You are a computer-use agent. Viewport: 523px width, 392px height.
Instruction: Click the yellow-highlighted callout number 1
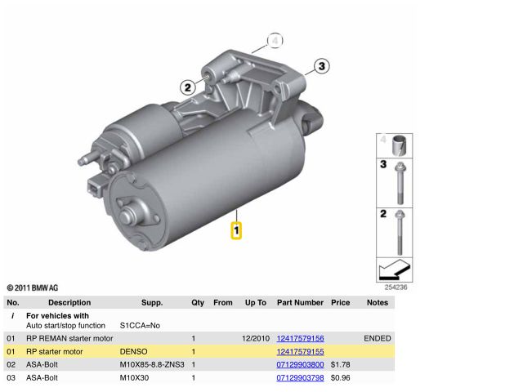236,230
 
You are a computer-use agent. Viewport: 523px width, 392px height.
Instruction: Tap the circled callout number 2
188,87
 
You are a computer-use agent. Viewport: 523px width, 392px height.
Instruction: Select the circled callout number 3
321,66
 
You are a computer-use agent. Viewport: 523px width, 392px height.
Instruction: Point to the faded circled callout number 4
275,41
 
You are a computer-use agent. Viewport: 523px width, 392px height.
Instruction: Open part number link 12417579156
300,338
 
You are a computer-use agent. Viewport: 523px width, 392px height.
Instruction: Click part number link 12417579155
300,352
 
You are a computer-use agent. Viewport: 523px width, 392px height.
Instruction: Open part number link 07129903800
300,365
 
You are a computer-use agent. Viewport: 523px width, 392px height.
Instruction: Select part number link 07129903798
300,377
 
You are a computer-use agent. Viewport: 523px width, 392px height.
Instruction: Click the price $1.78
341,365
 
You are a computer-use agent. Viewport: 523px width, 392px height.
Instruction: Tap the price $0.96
341,377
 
